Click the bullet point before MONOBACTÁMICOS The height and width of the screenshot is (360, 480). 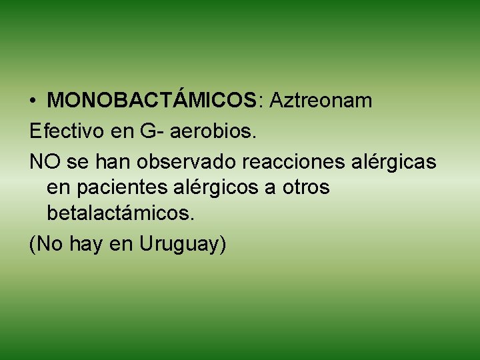pos(33,101)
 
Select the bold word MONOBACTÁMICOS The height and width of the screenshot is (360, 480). pos(153,101)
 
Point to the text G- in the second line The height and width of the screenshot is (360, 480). pos(151,131)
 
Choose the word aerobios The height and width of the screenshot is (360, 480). pos(213,131)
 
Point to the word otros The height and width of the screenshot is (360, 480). pos(306,188)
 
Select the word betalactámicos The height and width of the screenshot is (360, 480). pos(121,213)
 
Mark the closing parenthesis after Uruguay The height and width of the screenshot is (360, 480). pos(223,245)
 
